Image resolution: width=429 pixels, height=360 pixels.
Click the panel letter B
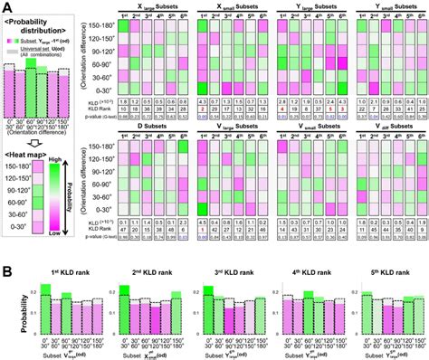pyautogui.click(x=8, y=270)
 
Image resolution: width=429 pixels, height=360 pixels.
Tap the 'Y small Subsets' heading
pyautogui.click(x=391, y=6)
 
